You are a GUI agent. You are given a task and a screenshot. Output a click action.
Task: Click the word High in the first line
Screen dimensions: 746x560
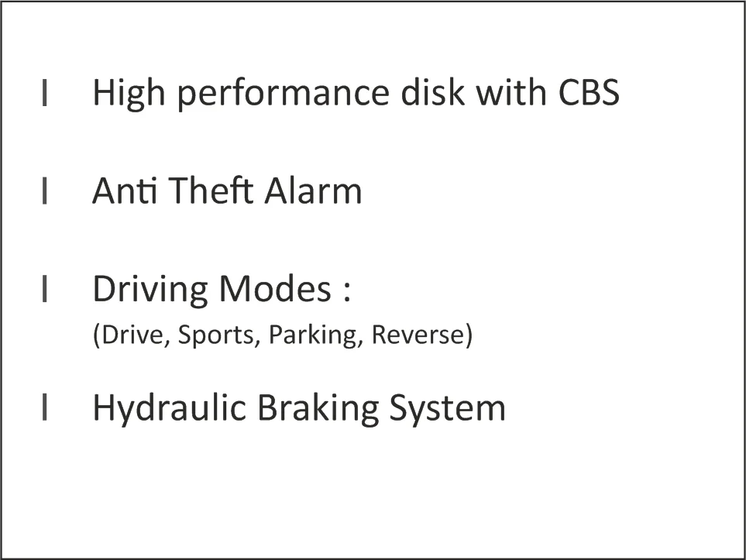(x=129, y=94)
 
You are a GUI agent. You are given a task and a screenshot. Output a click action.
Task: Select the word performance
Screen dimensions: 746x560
(x=284, y=94)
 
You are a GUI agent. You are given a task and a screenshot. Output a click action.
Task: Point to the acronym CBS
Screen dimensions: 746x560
(x=589, y=92)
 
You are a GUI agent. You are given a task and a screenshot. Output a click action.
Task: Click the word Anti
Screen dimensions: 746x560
(x=125, y=191)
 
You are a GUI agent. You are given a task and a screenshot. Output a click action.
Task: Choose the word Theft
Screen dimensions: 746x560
(x=210, y=191)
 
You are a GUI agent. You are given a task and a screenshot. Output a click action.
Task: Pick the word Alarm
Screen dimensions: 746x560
(x=313, y=191)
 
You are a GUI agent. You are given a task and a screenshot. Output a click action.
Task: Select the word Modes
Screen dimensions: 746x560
(x=275, y=288)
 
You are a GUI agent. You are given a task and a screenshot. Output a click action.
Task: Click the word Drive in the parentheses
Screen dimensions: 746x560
(x=132, y=334)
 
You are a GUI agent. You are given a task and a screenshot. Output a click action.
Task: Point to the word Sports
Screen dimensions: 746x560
(x=216, y=335)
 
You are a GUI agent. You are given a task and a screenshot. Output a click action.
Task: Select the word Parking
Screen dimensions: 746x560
(x=313, y=335)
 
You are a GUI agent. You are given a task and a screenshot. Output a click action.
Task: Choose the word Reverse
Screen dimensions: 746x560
(x=418, y=334)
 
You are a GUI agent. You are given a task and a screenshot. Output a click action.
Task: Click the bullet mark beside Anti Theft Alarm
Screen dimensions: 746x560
(x=45, y=191)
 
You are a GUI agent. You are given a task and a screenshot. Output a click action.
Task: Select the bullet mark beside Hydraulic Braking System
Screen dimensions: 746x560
(x=45, y=407)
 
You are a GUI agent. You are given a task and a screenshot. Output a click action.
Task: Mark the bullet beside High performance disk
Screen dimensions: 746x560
(x=45, y=92)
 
